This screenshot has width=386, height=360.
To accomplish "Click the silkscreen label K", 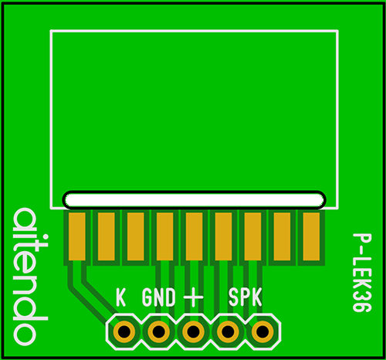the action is point(120,297).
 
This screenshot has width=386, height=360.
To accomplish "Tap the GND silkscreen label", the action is point(159,297).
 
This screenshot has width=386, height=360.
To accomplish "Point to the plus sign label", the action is point(193,297).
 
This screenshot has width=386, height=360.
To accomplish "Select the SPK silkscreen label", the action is point(245,297).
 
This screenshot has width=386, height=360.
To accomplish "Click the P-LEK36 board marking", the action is point(362,273).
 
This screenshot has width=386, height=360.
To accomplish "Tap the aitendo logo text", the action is point(30,277).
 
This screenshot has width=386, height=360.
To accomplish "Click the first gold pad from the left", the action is point(77,236).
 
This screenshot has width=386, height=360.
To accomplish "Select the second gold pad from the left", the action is point(107,236).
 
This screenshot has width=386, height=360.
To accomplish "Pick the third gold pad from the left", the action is point(136,236).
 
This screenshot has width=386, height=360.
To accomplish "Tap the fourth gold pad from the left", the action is point(165,236).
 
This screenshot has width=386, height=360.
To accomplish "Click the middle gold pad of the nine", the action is point(194,236).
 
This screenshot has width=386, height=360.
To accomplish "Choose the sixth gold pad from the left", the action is point(223,236).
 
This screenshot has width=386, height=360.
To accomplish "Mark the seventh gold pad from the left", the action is point(252,236).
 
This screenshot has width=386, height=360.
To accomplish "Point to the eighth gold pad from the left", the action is point(282,236).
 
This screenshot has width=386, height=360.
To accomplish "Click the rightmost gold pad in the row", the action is point(311,236).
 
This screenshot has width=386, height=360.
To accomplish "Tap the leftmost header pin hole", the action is point(124,331).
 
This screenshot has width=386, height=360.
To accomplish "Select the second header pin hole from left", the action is point(158,331).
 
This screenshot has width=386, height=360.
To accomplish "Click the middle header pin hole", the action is point(193,331).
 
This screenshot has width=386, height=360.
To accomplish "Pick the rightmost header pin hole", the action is point(262,331).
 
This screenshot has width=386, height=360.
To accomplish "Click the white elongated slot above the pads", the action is point(195,200).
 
